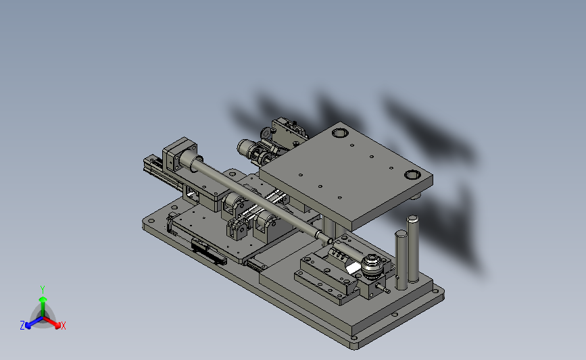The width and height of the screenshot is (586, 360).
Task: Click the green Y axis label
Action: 43,290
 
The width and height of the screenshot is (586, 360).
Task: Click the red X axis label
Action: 64,326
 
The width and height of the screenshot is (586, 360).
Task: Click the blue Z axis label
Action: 22,326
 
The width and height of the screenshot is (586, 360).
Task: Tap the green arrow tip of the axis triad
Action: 43,299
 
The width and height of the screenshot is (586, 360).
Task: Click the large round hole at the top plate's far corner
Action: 340,133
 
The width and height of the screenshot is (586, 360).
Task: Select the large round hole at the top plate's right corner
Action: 412,174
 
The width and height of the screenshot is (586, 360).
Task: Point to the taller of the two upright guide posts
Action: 412,249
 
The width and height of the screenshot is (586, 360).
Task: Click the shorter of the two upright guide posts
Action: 401,259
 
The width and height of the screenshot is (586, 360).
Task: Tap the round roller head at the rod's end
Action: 372,266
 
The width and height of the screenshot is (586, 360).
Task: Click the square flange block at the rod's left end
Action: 180,156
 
